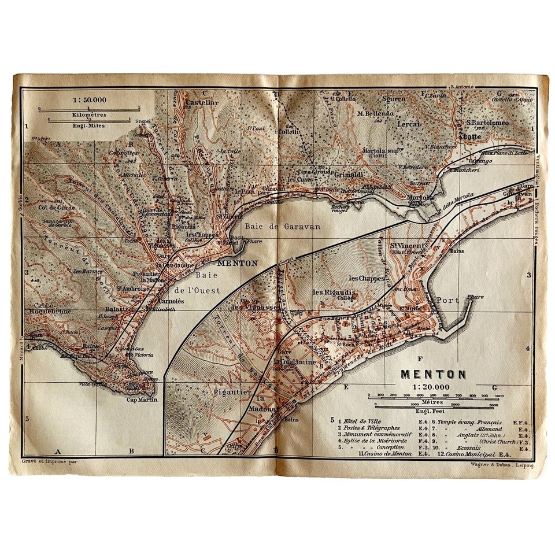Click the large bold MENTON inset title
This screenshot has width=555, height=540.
433,373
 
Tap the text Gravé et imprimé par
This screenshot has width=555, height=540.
45,462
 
